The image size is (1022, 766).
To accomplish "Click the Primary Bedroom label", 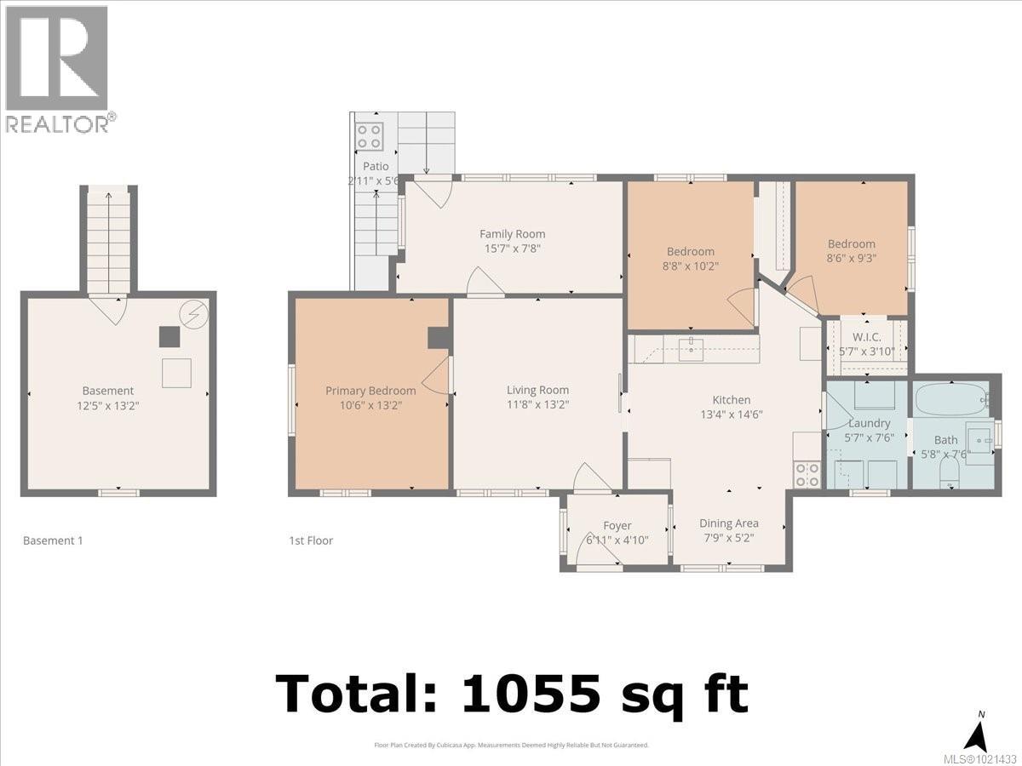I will (370, 391).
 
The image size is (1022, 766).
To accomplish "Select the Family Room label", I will (512, 234).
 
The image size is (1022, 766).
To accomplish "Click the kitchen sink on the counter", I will (691, 348).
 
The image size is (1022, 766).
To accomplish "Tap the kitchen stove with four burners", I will (807, 475).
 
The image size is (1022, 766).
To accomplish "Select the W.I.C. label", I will (866, 337).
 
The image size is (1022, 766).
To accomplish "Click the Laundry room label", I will (869, 423).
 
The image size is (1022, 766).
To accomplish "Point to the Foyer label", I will (617, 526).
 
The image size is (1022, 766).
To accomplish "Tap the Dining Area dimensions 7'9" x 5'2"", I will (728, 538).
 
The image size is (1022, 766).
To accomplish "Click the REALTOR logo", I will (57, 68).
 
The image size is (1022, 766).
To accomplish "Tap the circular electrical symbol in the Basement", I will (193, 313).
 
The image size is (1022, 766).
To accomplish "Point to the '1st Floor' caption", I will (311, 540).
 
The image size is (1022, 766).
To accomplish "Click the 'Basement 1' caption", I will (53, 540).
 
